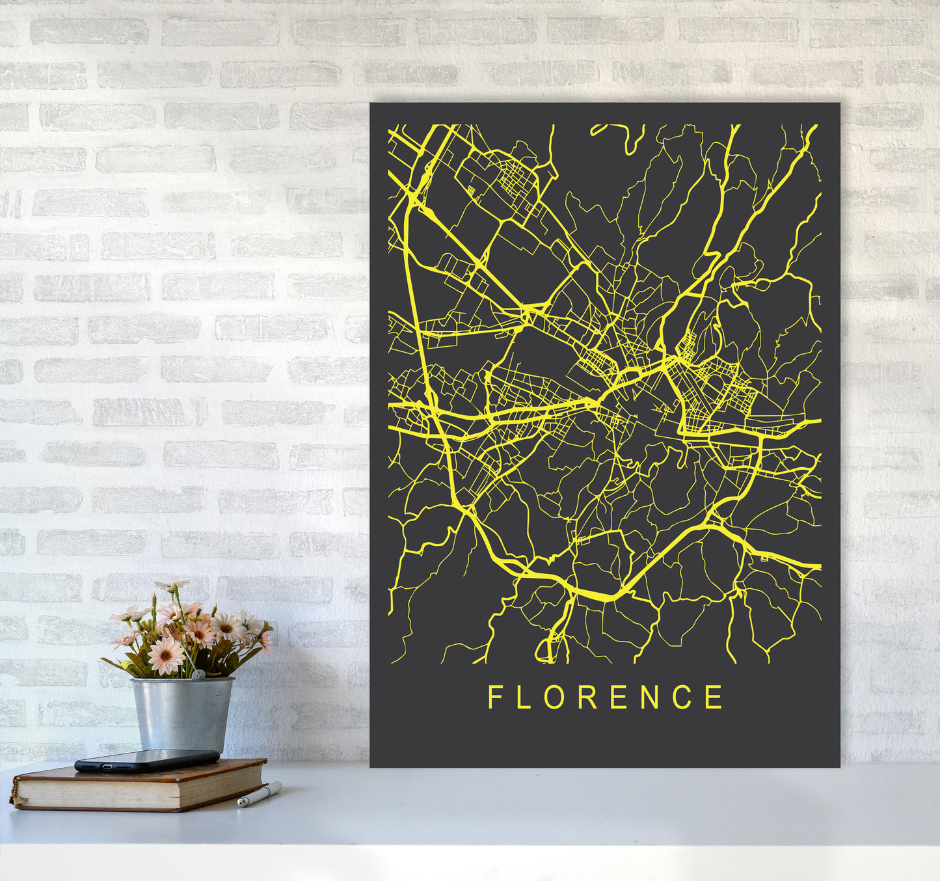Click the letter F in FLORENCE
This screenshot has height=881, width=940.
[x=495, y=697]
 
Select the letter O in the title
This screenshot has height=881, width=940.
[x=554, y=697]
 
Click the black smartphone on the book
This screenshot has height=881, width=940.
[x=147, y=760]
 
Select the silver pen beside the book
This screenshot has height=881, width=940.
[x=260, y=794]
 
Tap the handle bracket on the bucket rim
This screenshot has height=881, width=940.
[x=198, y=677]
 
